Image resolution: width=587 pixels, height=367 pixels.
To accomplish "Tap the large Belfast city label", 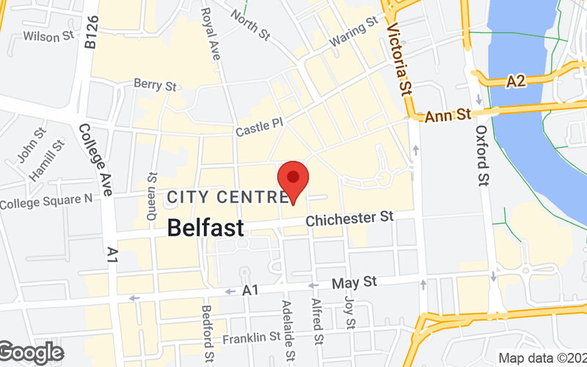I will pyautogui.click(x=205, y=228).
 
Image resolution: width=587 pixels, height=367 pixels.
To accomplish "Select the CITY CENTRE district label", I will pyautogui.click(x=227, y=197).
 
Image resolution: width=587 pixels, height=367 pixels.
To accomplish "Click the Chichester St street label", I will pyautogui.click(x=351, y=219).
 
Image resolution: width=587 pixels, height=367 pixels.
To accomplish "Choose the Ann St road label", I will pyautogui.click(x=449, y=115).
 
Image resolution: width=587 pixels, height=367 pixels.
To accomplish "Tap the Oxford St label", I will pyautogui.click(x=482, y=154).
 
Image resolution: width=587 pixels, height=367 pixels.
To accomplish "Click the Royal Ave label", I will pyautogui.click(x=211, y=29).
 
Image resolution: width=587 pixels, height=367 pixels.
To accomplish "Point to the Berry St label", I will pyautogui.click(x=156, y=86).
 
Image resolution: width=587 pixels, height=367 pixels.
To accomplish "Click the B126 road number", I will pyautogui.click(x=91, y=33).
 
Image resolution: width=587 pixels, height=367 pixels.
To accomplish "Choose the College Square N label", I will pyautogui.click(x=46, y=200).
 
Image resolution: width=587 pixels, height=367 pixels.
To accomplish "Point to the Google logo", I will pyautogui.click(x=31, y=353).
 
